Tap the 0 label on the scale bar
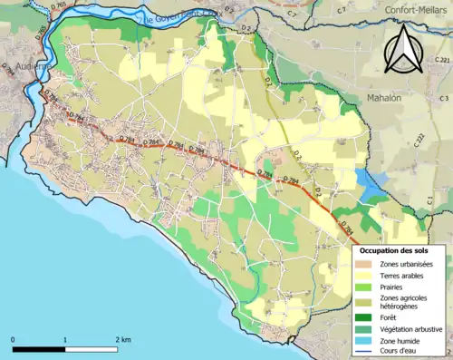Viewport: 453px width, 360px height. click(x=13, y=339)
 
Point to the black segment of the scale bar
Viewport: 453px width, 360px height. click(x=39, y=349)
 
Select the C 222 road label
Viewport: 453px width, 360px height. click(x=419, y=139)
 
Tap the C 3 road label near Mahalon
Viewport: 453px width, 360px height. click(x=443, y=98)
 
